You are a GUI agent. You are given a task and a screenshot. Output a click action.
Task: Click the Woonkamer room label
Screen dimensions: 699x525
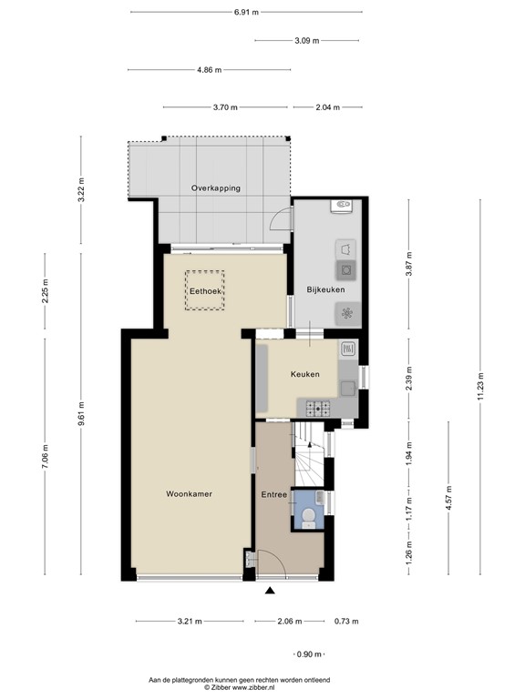(x=189, y=494)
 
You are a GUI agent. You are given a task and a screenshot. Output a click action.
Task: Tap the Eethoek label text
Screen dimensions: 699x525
(x=205, y=291)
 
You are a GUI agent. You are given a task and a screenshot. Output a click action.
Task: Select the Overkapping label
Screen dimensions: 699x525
(x=216, y=188)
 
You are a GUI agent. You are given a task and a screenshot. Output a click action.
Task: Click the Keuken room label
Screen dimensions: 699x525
(x=304, y=374)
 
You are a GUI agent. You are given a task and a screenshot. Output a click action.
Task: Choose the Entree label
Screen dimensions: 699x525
(x=274, y=494)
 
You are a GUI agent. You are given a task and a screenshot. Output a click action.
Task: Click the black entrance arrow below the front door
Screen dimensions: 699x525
(x=270, y=593)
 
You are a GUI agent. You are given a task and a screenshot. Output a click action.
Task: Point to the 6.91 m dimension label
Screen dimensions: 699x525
(x=246, y=12)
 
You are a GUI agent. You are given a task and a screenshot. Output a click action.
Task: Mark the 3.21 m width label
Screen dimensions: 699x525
(x=190, y=622)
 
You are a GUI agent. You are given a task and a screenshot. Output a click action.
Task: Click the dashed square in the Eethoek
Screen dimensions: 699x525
(x=205, y=290)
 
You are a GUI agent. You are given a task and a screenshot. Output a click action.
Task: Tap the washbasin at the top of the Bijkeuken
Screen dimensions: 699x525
(x=342, y=206)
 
